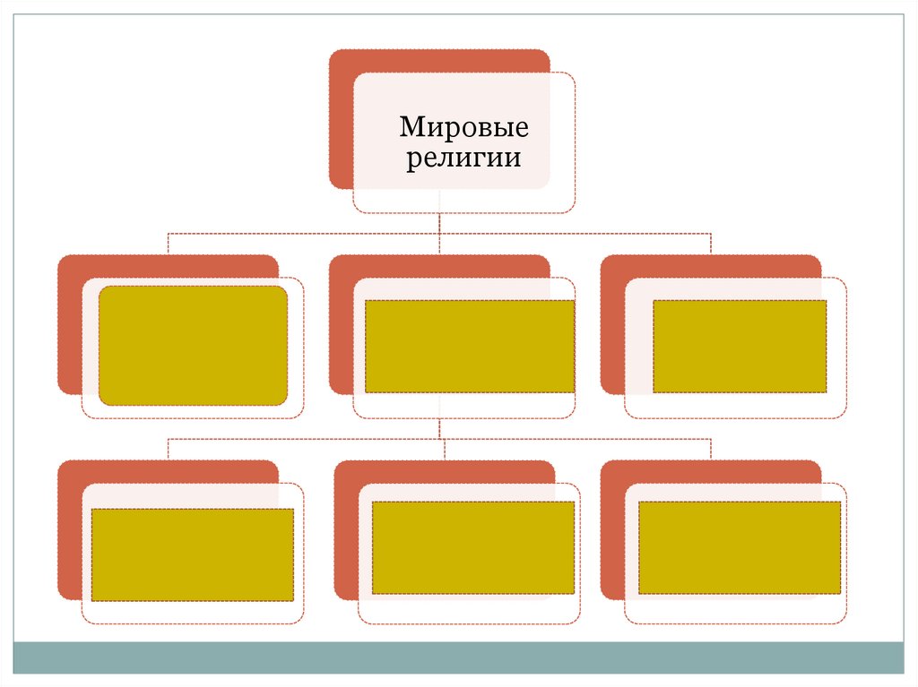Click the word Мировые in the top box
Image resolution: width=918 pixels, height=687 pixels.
tap(463, 128)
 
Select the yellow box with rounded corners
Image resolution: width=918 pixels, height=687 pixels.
tap(193, 346)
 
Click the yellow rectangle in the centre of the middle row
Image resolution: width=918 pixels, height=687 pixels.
tap(470, 346)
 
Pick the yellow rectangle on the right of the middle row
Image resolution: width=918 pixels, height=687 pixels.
tap(740, 346)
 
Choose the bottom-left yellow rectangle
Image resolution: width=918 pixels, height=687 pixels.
tap(193, 554)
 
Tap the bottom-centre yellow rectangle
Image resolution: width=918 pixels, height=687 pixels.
tap(472, 547)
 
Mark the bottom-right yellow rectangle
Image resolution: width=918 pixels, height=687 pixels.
tap(740, 547)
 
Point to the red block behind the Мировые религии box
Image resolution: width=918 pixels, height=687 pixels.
tap(342, 116)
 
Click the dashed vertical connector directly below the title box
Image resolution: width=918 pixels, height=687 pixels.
tap(439, 223)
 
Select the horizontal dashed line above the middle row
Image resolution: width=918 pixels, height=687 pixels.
tap(305, 234)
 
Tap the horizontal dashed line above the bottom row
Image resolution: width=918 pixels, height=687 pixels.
tap(305, 439)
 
